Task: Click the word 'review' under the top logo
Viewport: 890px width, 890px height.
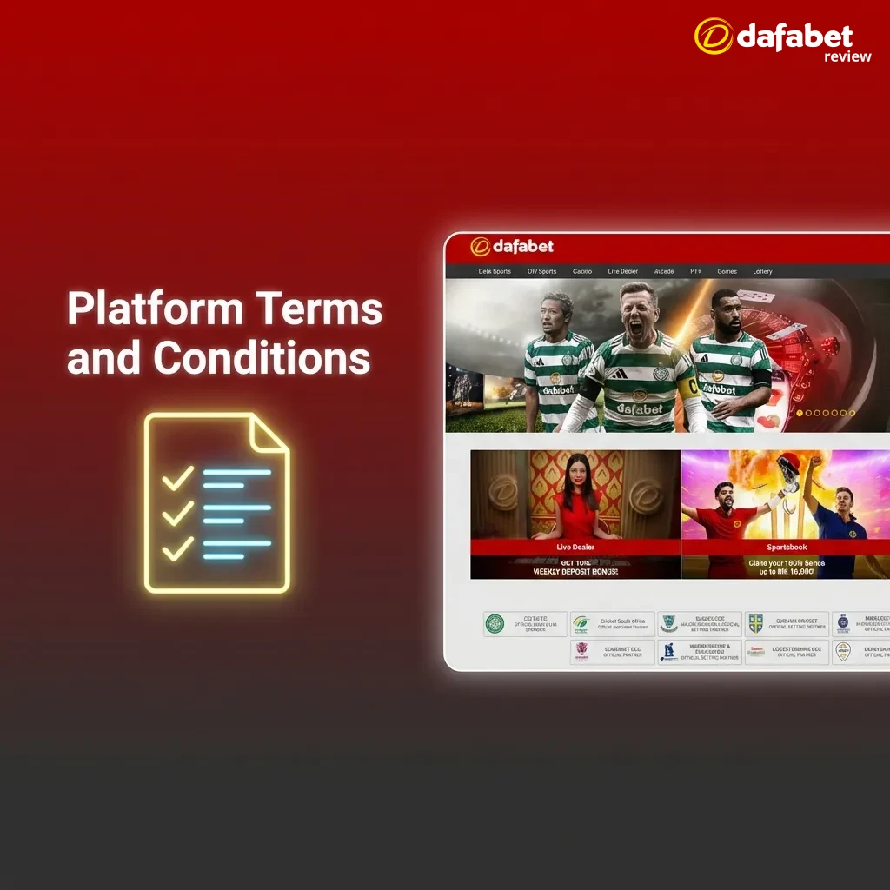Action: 847,56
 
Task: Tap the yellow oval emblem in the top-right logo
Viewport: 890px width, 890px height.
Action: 713,37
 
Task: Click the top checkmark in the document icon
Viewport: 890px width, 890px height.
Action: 178,477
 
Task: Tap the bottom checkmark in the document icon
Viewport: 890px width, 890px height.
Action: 178,548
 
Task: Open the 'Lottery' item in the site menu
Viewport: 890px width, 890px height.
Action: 762,271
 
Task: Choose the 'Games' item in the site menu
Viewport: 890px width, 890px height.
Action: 727,271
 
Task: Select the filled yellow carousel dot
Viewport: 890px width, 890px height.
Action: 800,413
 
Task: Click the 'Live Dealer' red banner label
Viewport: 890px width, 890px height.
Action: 575,548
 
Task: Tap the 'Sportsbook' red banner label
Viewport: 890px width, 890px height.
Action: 787,548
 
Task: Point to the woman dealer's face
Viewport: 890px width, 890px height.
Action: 575,474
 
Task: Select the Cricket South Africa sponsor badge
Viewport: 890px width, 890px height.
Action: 611,623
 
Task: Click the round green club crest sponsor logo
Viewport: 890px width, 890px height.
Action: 495,623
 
